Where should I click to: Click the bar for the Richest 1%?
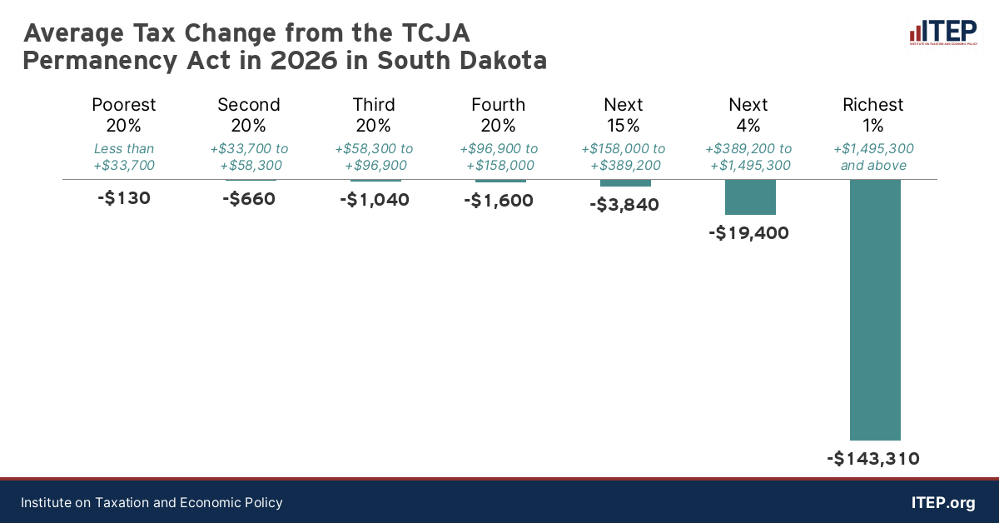click(874, 310)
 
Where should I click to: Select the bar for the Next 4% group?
click(750, 197)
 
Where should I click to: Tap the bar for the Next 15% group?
click(625, 183)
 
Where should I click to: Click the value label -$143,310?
click(873, 458)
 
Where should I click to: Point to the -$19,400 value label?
click(748, 233)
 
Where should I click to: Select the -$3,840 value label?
click(624, 204)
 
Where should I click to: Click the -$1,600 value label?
click(499, 201)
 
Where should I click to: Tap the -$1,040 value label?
click(374, 200)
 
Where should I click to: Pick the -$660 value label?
click(249, 200)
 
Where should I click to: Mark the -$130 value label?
click(124, 199)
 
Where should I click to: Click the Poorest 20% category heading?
click(124, 115)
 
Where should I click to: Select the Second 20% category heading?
click(249, 115)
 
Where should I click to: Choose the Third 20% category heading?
click(374, 115)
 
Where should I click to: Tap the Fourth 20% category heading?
click(499, 115)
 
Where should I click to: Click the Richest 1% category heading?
click(873, 115)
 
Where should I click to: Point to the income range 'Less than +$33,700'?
click(124, 157)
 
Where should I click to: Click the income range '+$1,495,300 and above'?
click(873, 157)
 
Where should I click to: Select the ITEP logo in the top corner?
click(942, 32)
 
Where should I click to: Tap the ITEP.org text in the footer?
click(943, 503)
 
